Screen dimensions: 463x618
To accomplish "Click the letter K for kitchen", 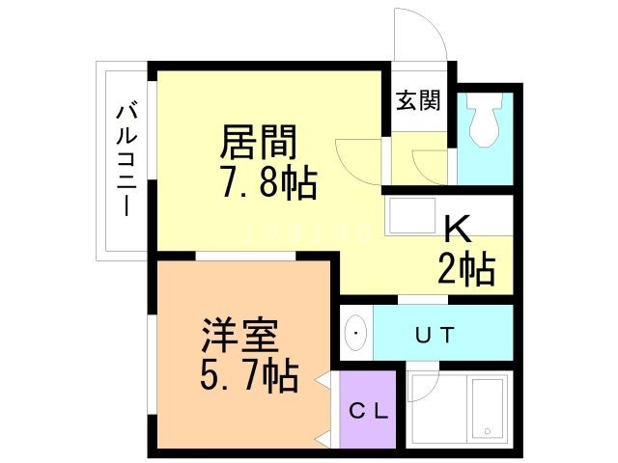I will click(457, 229).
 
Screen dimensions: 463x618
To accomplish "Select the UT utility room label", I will click(435, 335).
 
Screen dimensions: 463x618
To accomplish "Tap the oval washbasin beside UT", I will click(356, 334).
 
